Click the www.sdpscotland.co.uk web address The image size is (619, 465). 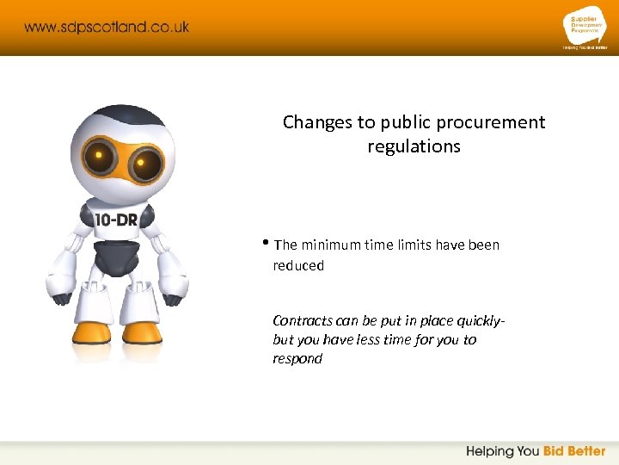[107, 27]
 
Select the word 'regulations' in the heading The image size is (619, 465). [414, 146]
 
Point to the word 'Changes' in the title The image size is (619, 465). [317, 122]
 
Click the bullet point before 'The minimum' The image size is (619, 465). [267, 244]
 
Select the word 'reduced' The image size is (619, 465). [298, 266]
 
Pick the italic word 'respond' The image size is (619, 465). [297, 359]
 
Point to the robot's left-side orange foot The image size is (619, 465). [92, 332]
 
